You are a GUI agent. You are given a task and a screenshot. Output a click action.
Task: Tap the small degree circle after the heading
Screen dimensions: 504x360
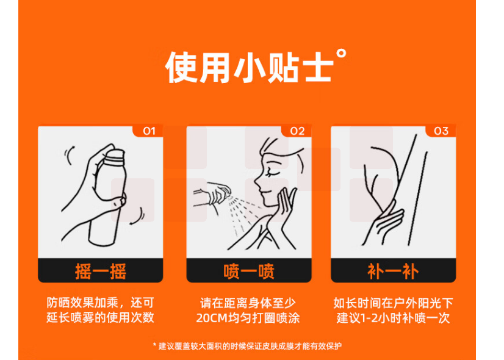click(x=341, y=54)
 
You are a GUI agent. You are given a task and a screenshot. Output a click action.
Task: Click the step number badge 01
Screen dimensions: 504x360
click(x=149, y=131)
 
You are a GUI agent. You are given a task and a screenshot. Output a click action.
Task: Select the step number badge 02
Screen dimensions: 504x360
click(x=297, y=131)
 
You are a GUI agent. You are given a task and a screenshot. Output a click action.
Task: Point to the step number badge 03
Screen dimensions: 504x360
click(x=441, y=131)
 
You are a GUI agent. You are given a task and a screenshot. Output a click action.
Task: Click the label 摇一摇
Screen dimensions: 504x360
click(x=101, y=272)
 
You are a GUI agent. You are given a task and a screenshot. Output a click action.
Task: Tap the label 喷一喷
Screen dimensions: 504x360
click(x=249, y=272)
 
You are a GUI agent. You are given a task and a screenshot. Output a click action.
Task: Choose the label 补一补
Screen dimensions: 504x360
click(x=393, y=272)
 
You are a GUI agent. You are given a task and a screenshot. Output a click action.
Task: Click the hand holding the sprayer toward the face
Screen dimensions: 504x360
click(x=213, y=193)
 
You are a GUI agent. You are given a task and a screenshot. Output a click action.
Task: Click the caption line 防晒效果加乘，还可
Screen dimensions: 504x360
click(x=100, y=303)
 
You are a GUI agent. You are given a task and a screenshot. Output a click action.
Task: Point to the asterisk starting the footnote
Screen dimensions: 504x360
click(x=154, y=345)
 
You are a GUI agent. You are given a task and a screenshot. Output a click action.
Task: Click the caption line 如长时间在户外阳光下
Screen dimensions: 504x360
click(x=393, y=303)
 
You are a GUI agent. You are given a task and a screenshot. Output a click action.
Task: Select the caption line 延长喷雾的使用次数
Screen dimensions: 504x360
click(x=100, y=317)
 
